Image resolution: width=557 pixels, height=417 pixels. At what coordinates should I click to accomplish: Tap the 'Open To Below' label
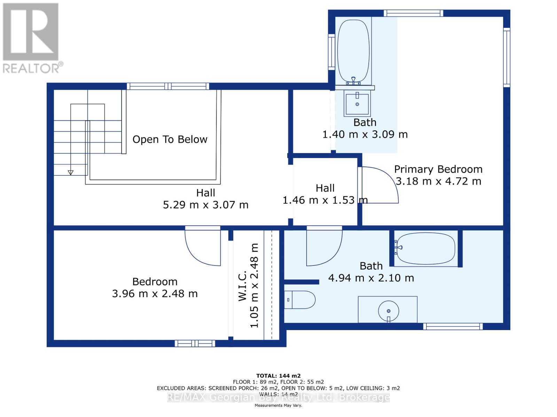click(170, 139)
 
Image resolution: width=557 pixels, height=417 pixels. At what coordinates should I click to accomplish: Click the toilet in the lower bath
click(299, 300)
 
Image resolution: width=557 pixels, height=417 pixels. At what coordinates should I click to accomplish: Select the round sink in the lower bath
click(388, 311)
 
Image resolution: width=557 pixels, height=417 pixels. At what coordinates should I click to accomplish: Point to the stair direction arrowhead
click(71, 173)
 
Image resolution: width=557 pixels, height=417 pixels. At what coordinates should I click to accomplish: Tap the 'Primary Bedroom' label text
click(438, 169)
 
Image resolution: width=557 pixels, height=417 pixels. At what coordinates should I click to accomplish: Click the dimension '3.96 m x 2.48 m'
click(155, 294)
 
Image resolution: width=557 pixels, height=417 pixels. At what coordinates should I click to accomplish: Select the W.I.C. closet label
click(243, 286)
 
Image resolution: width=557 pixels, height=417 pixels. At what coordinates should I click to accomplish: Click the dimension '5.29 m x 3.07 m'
click(205, 205)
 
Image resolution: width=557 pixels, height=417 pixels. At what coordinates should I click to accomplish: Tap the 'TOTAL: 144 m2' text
click(278, 376)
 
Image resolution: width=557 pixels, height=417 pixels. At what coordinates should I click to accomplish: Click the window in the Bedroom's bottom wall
click(195, 344)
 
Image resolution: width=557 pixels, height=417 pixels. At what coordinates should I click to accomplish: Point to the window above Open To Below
click(168, 86)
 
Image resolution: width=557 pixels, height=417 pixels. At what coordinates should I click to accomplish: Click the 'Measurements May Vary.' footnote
click(278, 405)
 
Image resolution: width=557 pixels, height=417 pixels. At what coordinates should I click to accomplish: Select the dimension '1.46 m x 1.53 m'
click(325, 200)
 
